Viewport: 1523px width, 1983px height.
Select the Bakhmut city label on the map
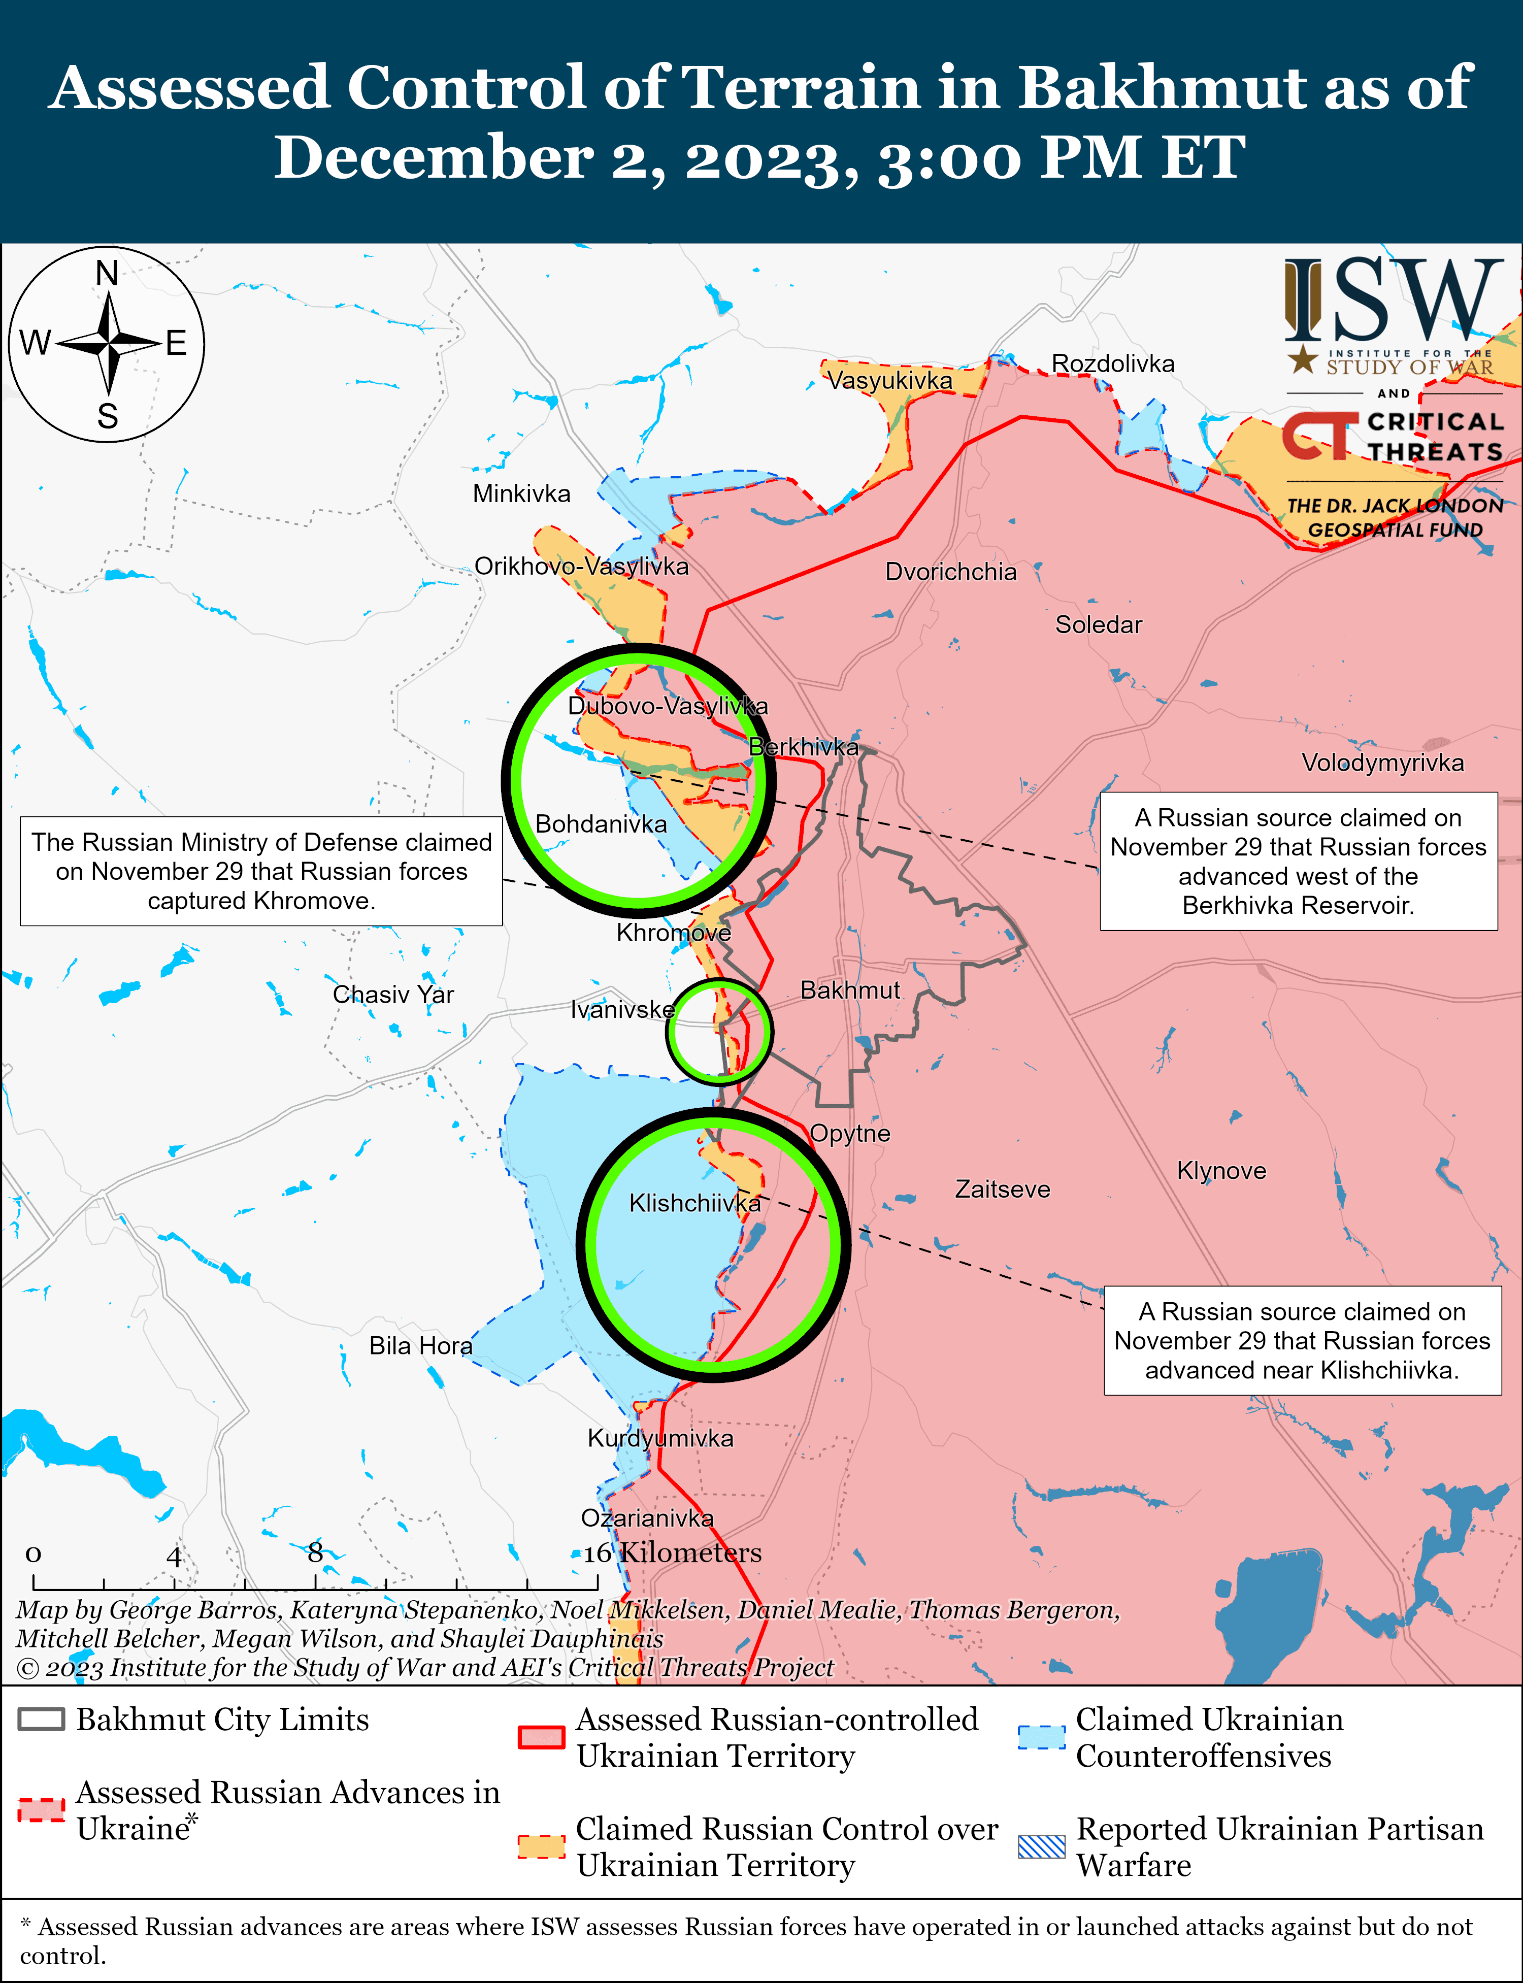(849, 989)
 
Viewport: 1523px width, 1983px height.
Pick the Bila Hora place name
(421, 1346)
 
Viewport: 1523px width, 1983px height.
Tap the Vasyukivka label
(889, 380)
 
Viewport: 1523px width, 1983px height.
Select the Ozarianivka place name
(647, 1517)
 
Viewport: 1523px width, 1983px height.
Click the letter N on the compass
(107, 273)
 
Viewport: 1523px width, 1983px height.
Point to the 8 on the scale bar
(315, 1552)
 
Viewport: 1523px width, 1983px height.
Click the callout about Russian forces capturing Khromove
(261, 871)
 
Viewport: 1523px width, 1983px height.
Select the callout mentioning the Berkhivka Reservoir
(1298, 861)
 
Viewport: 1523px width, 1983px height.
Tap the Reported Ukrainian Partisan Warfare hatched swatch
(1042, 1846)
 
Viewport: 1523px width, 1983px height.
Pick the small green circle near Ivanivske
(719, 1032)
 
